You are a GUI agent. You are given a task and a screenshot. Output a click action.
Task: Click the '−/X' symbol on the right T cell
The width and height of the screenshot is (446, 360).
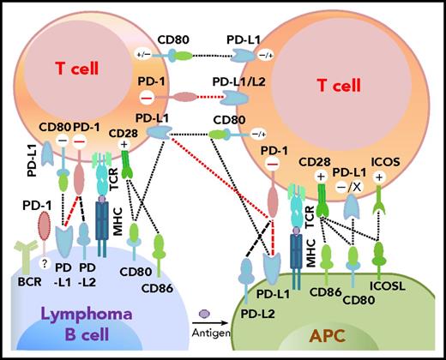(359, 198)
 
